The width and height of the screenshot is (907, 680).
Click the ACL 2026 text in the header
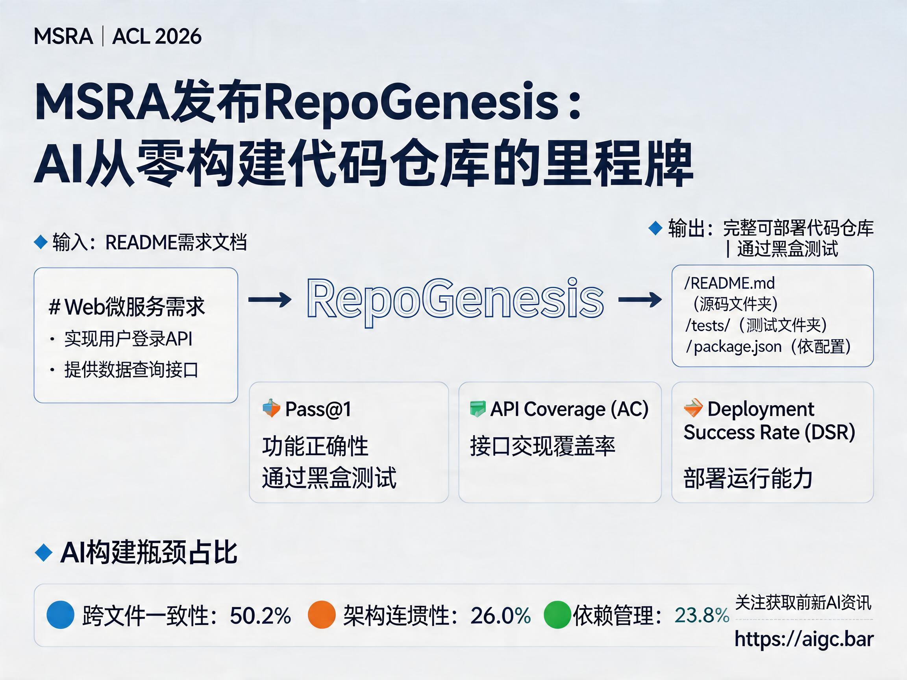pos(157,37)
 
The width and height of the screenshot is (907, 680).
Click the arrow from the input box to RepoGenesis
pos(270,300)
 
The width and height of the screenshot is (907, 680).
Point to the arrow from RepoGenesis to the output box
pos(640,300)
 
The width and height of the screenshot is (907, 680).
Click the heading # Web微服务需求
pos(127,307)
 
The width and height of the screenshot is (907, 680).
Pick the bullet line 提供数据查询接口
pos(131,370)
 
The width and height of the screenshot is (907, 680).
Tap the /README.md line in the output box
pos(729,283)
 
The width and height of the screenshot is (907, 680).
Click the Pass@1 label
pos(318,409)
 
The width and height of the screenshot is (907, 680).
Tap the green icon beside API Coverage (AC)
pos(477,408)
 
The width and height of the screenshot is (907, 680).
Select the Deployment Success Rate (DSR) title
pos(769,421)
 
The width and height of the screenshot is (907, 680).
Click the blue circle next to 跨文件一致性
pos(61,614)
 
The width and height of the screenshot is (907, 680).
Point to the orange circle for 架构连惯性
pos(322,614)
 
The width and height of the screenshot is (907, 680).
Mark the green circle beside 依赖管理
pos(558,614)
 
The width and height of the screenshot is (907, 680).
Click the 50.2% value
pos(260,615)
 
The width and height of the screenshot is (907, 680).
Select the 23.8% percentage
pos(702,615)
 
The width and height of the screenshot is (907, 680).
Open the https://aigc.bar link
pos(804,639)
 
